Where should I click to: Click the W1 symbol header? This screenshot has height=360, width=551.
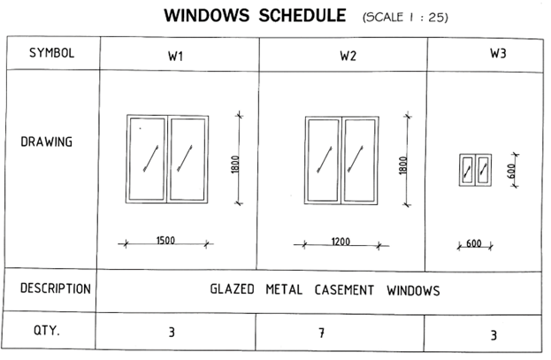pyautogui.click(x=175, y=57)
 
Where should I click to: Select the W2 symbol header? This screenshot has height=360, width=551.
pyautogui.click(x=348, y=56)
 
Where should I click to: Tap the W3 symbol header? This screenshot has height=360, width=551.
pyautogui.click(x=498, y=53)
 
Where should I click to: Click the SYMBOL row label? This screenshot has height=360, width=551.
pyautogui.click(x=51, y=53)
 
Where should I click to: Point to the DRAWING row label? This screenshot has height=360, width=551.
pyautogui.click(x=46, y=142)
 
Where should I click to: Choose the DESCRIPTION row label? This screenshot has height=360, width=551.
pyautogui.click(x=55, y=288)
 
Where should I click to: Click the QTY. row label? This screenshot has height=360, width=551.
pyautogui.click(x=47, y=331)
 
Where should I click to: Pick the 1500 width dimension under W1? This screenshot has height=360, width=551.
pyautogui.click(x=165, y=241)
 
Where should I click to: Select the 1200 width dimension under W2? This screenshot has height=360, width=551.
pyautogui.click(x=341, y=241)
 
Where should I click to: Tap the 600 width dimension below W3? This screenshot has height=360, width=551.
pyautogui.click(x=474, y=243)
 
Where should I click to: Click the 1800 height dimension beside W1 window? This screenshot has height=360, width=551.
pyautogui.click(x=235, y=165)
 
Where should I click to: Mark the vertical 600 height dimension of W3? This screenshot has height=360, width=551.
pyautogui.click(x=512, y=171)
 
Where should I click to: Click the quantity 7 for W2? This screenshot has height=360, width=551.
pyautogui.click(x=321, y=333)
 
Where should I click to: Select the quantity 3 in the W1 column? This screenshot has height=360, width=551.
pyautogui.click(x=172, y=333)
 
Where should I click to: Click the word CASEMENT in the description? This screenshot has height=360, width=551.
pyautogui.click(x=344, y=290)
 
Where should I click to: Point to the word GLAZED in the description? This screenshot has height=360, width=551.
pyautogui.click(x=232, y=289)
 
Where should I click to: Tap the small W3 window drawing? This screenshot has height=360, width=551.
pyautogui.click(x=475, y=170)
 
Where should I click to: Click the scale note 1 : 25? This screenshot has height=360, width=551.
pyautogui.click(x=428, y=17)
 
